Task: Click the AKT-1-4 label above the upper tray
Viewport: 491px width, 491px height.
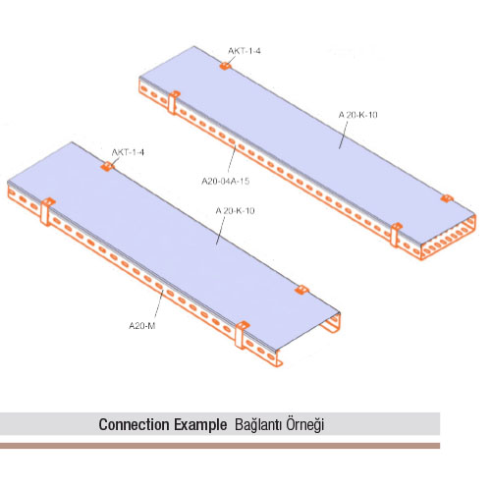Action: [245, 51]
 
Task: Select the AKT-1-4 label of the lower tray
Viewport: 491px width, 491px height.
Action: [128, 152]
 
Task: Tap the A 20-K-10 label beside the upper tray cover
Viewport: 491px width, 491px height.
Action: [357, 115]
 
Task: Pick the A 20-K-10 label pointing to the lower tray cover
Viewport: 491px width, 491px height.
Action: [235, 210]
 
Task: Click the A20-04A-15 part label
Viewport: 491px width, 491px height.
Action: [226, 181]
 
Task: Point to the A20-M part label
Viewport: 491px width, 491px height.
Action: [142, 326]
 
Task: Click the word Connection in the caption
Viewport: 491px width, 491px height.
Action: [135, 424]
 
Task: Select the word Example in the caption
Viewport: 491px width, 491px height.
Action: [200, 425]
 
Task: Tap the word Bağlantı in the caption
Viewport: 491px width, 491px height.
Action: [258, 425]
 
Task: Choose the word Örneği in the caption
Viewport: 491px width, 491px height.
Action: [305, 425]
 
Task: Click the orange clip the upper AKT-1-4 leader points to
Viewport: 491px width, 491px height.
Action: [225, 66]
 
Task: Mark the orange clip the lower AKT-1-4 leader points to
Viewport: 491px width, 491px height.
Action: [107, 166]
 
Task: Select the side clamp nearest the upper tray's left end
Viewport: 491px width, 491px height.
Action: [173, 102]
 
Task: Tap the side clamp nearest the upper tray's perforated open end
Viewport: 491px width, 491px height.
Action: [396, 235]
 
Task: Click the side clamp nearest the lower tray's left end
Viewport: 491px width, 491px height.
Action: [47, 211]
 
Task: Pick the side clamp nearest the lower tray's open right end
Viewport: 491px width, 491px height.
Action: [242, 335]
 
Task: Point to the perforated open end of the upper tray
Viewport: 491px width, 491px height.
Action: [448, 239]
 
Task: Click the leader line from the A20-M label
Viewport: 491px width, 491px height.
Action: [159, 305]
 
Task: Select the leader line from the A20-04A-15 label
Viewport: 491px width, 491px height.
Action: [232, 161]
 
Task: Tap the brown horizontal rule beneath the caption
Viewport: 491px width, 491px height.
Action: [220, 446]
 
